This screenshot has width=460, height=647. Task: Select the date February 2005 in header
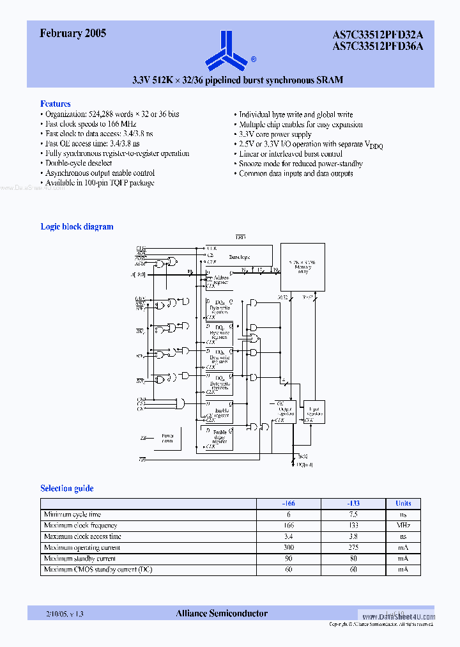73,34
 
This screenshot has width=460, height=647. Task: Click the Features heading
56,104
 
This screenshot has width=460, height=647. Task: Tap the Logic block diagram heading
77,226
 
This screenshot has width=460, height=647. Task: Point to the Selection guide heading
67,488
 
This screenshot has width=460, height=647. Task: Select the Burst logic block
240,256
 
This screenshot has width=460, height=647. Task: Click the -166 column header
288,503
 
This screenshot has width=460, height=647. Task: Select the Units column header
403,503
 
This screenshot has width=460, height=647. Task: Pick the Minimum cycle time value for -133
353,514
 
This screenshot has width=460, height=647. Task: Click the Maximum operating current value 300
288,547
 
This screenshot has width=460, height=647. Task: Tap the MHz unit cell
403,526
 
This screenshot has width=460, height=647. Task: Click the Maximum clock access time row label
82,536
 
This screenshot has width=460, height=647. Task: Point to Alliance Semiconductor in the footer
222,613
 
